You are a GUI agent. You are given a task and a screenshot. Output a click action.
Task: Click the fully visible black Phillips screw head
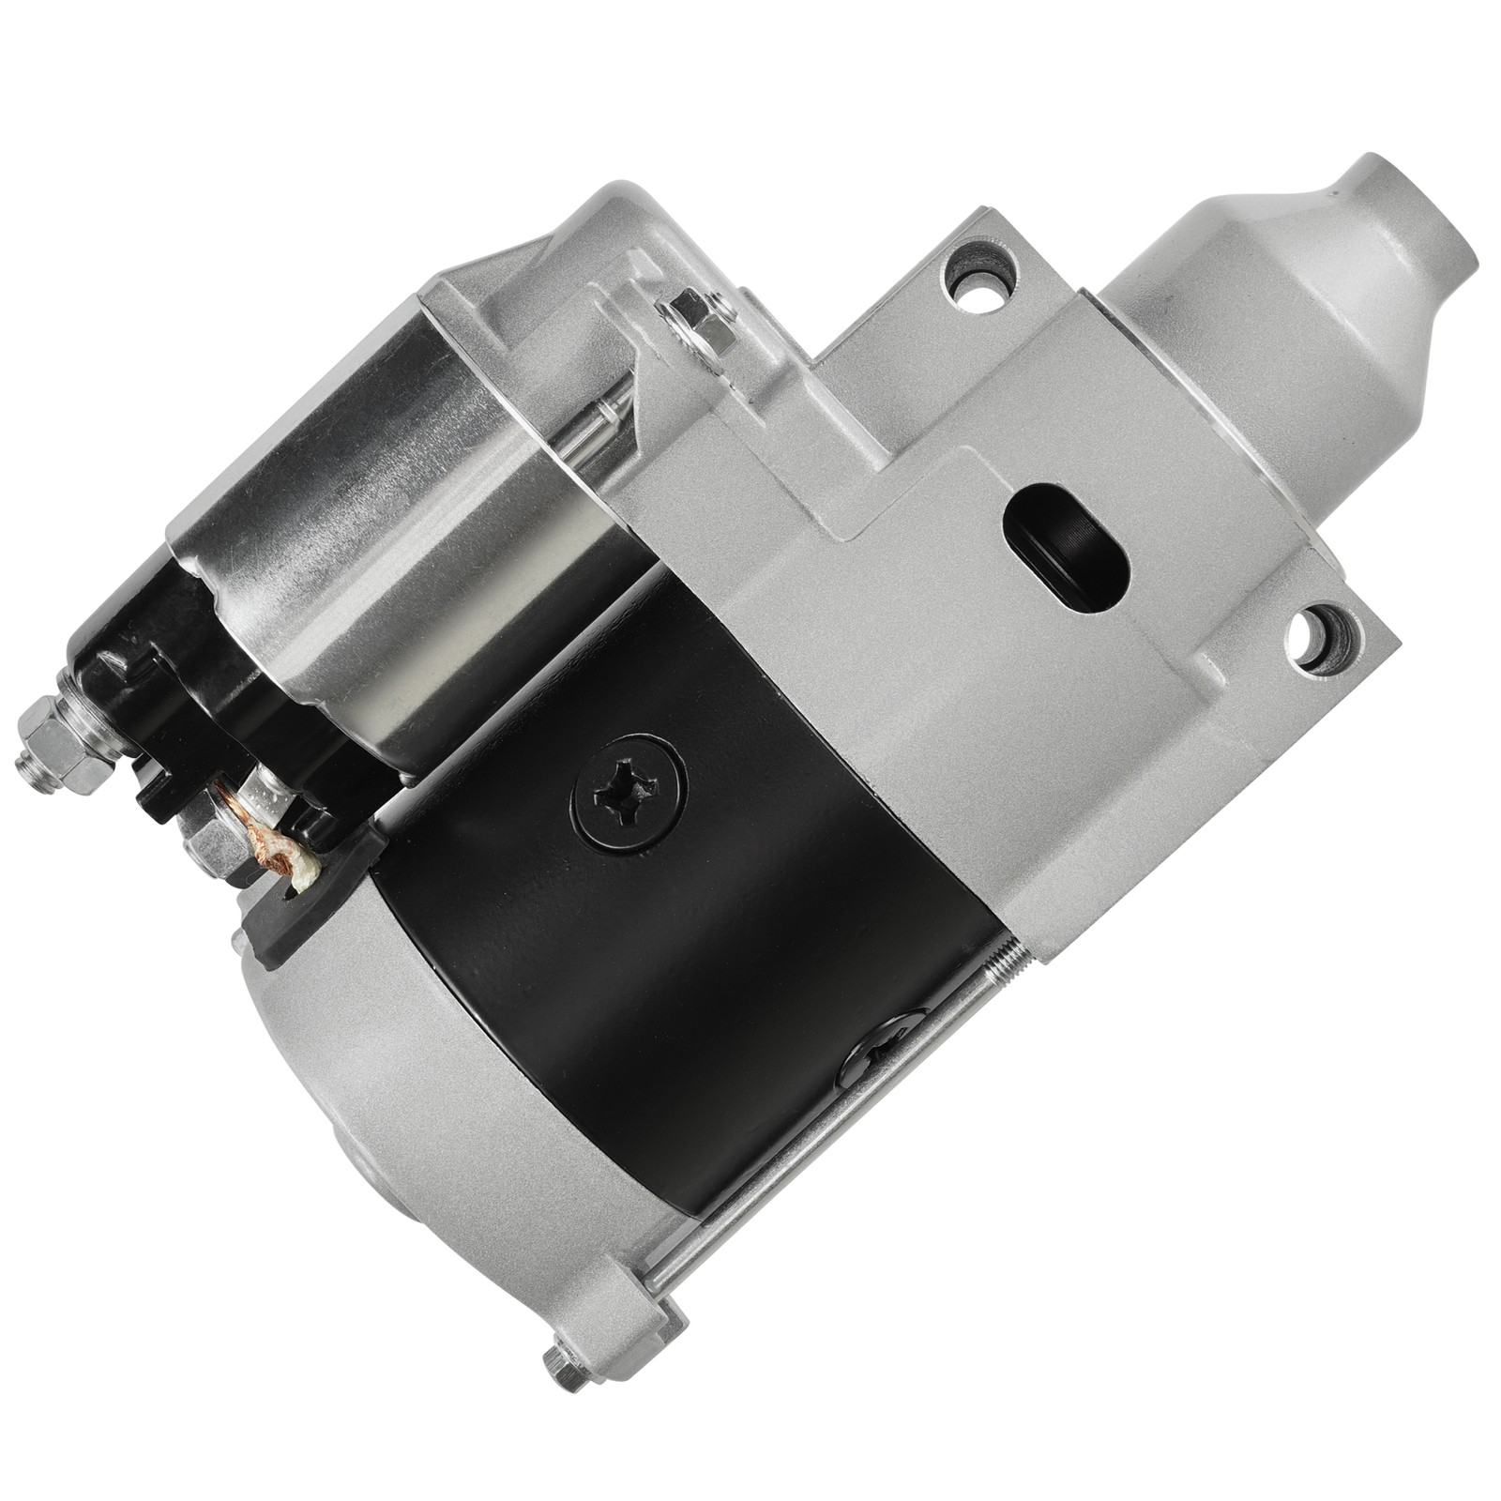pyautogui.click(x=629, y=796)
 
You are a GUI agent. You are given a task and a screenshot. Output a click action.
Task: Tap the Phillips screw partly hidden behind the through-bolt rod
pyautogui.click(x=877, y=1050)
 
